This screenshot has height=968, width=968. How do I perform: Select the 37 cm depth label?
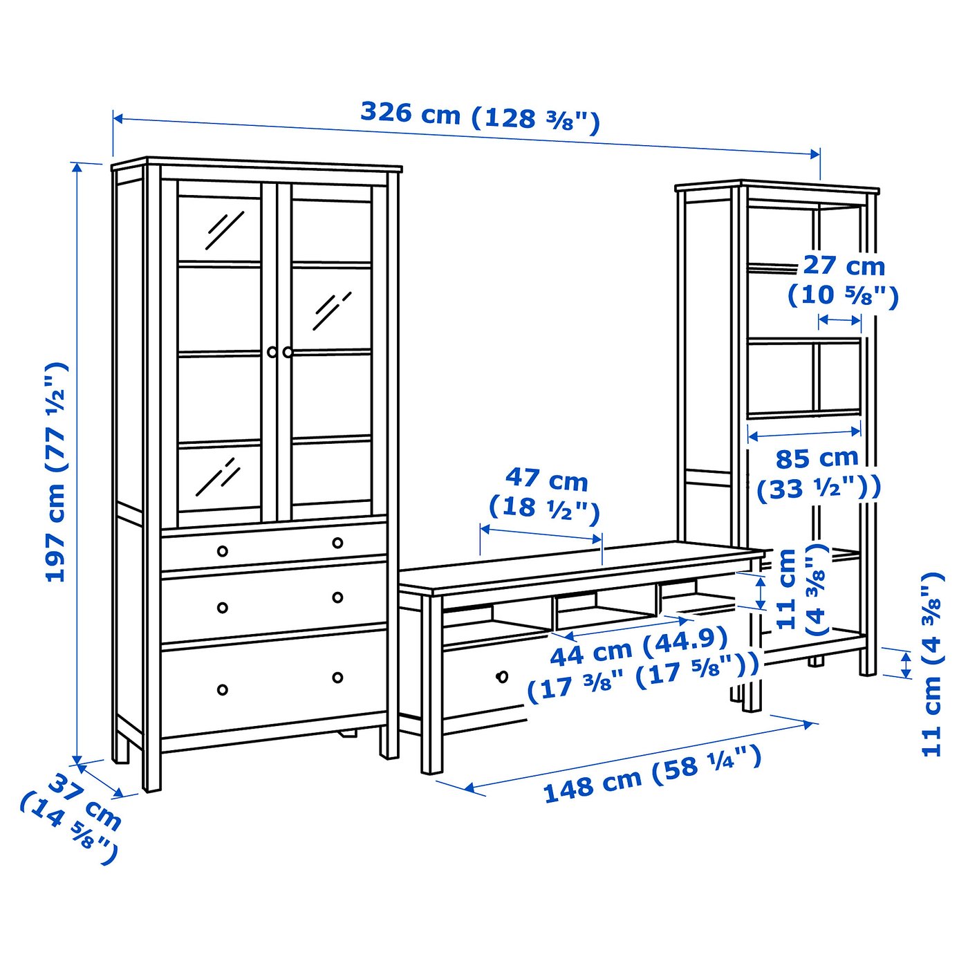coord(72,819)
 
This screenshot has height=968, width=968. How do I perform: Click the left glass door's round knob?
coord(272,352)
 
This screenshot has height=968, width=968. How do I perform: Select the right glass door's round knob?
coord(288,352)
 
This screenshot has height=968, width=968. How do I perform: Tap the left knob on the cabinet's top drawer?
coord(222,550)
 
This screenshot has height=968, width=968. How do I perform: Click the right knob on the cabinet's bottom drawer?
coord(337,677)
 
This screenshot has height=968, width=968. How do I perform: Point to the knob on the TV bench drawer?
coord(502,676)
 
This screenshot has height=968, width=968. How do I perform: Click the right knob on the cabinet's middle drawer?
coord(337,597)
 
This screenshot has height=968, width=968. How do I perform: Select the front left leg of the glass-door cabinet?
coord(151,761)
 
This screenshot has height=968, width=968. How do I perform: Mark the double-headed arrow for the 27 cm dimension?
coord(839,320)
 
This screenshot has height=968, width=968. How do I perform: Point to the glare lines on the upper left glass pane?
coord(223,230)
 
